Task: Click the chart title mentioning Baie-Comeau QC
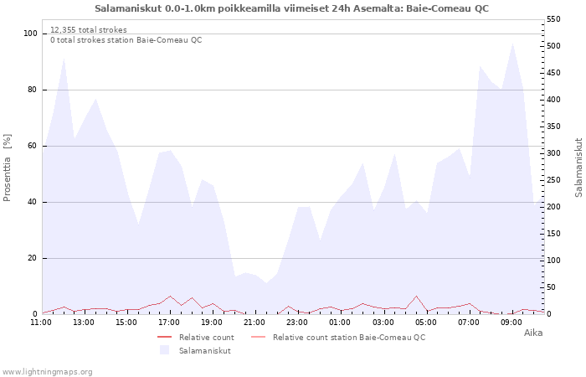[291, 8]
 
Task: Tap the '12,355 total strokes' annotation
[89, 30]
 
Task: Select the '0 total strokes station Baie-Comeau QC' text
[126, 40]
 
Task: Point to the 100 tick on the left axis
[30, 34]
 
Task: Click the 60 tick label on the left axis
[33, 146]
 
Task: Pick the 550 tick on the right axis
[553, 19]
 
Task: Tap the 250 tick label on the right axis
[553, 180]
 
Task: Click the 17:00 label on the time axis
[169, 323]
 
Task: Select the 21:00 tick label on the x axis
[254, 323]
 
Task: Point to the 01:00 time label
[340, 323]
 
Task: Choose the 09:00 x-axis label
[511, 323]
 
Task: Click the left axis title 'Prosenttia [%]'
[7, 168]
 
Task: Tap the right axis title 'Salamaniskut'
[578, 168]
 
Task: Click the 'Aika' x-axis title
[533, 333]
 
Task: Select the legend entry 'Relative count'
[206, 338]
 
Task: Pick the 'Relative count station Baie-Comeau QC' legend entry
[349, 338]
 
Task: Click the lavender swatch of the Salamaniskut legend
[164, 350]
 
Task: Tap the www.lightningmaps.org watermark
[47, 372]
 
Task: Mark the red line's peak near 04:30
[416, 296]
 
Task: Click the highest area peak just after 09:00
[512, 44]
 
